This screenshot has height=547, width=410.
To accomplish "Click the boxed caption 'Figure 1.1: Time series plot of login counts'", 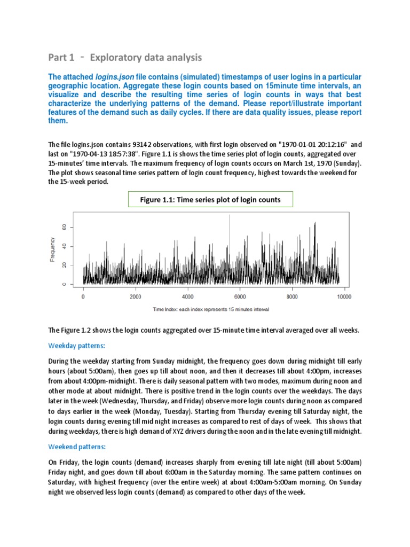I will [210, 200].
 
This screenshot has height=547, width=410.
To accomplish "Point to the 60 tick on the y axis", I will [65, 227].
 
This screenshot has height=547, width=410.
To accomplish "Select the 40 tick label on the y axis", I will [65, 246].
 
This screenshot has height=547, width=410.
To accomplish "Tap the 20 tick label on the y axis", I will [65, 265].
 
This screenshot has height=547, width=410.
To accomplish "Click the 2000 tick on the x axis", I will [136, 296].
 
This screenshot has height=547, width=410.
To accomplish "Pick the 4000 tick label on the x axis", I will [188, 296].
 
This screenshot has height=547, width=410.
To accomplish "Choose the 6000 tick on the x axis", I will [240, 296].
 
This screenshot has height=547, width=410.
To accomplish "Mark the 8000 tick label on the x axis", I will [292, 296].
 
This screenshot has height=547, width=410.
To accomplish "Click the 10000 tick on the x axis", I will [343, 296].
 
